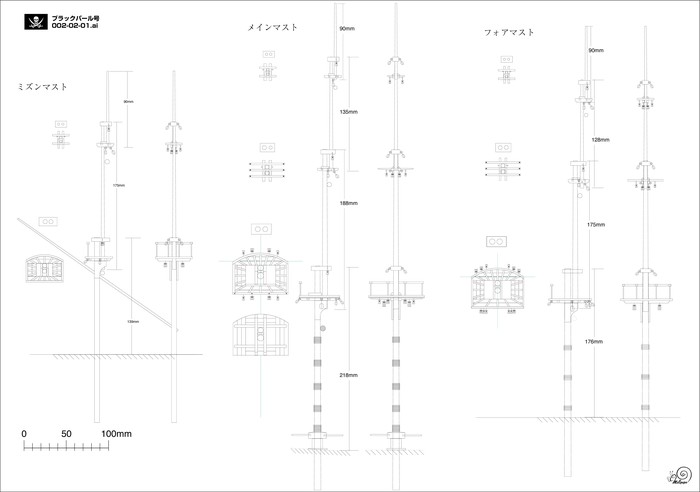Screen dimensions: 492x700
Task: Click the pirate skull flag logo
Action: click(34, 21)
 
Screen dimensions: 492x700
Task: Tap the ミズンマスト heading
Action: click(43, 87)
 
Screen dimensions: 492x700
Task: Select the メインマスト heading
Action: click(273, 28)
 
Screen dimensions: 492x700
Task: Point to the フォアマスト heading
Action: click(509, 33)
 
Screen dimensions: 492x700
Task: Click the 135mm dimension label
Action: click(348, 112)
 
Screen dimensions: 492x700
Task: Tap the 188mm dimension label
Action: click(348, 203)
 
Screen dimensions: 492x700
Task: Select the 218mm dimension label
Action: click(348, 375)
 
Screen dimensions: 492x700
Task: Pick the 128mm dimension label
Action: click(599, 140)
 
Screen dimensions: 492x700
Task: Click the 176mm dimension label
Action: click(594, 342)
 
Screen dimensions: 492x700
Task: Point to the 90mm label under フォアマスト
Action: click(595, 50)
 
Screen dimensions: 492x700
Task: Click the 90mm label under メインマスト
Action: click(347, 29)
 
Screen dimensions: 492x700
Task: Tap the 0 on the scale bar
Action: click(24, 433)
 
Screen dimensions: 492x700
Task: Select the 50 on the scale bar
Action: click(66, 433)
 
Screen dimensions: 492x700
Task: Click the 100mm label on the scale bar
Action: click(117, 433)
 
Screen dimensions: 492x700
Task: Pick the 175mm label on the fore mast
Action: click(596, 225)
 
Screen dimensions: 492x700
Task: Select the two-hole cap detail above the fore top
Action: click(497, 241)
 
